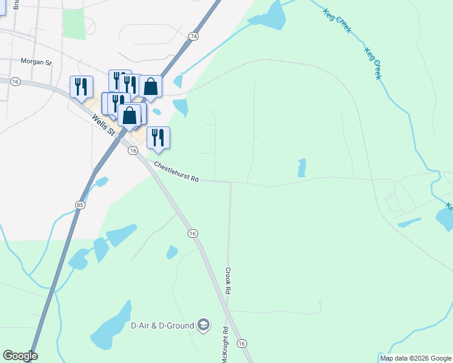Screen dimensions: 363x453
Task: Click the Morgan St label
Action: pos(37,61)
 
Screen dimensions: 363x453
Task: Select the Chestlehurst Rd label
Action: pos(176,172)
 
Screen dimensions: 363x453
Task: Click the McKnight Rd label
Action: pos(225,344)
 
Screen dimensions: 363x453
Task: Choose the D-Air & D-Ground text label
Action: pos(162,325)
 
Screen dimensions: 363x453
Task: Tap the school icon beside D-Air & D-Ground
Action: pos(203,325)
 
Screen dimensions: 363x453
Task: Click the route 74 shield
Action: pos(193,36)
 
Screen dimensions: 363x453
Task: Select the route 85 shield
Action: pos(80,206)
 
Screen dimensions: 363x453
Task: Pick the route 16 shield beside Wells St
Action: pos(132,151)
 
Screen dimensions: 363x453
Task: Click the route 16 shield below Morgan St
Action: pos(16,81)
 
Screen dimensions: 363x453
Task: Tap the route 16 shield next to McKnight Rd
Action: pos(242,343)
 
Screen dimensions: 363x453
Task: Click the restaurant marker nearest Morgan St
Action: pos(81,87)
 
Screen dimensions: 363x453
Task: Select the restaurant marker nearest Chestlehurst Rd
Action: pos(158,137)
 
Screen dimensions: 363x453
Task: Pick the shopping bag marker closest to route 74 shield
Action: pos(150,87)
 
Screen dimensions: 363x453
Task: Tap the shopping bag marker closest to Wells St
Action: pos(129,116)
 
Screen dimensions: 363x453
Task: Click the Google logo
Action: pos(20,356)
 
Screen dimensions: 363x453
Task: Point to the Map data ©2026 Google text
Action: pos(415,358)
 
